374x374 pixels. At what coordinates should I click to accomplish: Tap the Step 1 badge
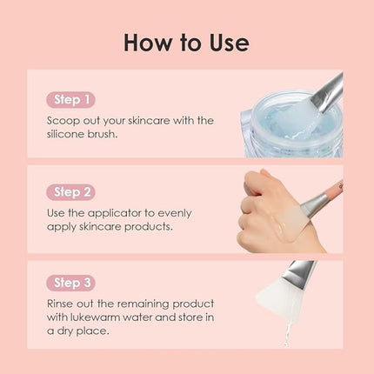(73, 99)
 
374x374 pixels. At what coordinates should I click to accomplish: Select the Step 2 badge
(73, 192)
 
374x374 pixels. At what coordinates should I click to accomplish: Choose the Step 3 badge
(73, 284)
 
